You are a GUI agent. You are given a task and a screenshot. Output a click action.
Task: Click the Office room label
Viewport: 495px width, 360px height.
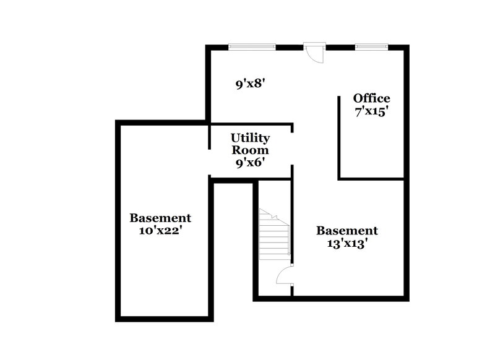(371, 98)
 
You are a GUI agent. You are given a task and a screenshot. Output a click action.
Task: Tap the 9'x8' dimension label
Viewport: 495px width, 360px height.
(250, 84)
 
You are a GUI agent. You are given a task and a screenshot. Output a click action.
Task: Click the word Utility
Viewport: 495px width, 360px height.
(250, 137)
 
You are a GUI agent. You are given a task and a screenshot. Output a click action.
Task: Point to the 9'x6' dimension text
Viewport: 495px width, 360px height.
(250, 163)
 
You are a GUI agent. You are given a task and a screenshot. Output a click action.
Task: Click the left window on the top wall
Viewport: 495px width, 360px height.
(251, 46)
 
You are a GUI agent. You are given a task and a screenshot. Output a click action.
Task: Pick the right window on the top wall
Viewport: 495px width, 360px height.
(371, 46)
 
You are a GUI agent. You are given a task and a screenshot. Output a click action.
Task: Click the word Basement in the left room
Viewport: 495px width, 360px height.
(160, 218)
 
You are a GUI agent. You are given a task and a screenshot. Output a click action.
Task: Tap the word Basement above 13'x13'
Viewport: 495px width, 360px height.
(346, 231)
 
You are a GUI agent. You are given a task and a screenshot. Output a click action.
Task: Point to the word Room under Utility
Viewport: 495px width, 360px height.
(250, 150)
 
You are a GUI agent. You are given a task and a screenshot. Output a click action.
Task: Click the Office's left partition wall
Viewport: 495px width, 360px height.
(338, 136)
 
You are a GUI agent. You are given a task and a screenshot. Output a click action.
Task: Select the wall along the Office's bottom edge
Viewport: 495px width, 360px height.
(371, 179)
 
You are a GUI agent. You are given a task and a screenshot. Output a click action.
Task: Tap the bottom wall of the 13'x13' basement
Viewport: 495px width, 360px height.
(331, 298)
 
